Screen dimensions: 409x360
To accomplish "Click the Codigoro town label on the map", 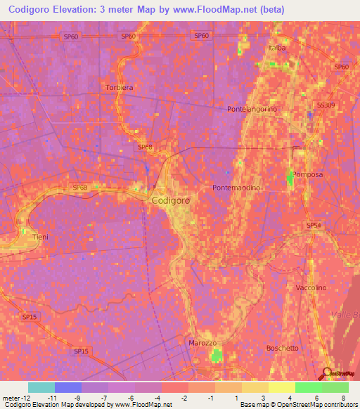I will pos(171,200).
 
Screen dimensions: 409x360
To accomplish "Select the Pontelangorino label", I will pos(252,110).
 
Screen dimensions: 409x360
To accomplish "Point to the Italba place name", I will pos(277,48).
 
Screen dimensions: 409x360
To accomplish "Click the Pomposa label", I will pos(307,174).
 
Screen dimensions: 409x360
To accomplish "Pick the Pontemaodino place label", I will pos(236,188).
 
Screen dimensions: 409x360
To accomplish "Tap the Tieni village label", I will pos(41,238).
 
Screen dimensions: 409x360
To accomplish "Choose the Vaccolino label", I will pos(311,288).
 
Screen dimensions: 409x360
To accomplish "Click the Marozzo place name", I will pos(203,342).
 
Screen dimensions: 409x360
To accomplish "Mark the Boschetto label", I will pos(283,348).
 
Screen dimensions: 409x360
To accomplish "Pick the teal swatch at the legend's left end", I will pos(41,387).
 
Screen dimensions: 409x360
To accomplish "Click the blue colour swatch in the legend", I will pos(68,387).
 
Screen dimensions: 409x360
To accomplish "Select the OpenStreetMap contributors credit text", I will pos(317,405).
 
